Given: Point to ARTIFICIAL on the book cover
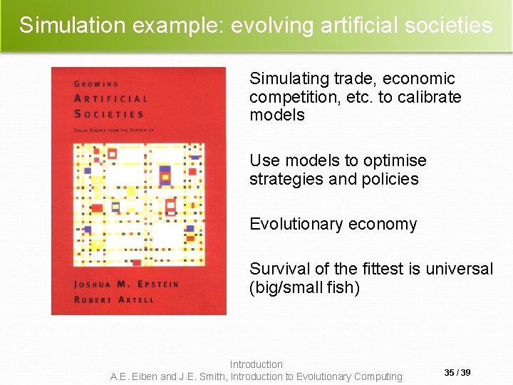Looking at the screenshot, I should point(111,99).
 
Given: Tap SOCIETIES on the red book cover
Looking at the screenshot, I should point(109,114).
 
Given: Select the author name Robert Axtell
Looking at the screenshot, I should point(113,299).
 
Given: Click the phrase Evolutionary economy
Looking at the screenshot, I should point(333,224).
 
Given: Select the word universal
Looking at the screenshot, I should point(459,269).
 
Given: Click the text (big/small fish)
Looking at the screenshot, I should point(304,287).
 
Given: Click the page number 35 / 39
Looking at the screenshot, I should point(457,373).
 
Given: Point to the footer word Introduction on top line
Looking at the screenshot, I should point(256,364).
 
